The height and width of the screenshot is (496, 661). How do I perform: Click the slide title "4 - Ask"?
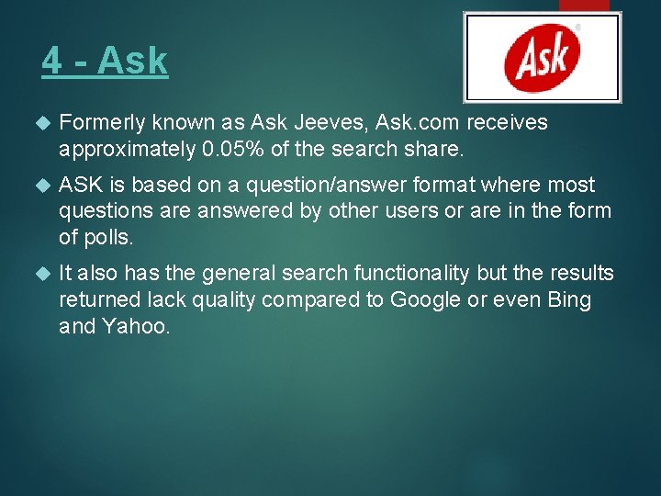pyautogui.click(x=105, y=62)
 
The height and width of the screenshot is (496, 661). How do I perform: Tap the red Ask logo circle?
pyautogui.click(x=543, y=57)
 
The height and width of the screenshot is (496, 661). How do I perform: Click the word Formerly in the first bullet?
pyautogui.click(x=100, y=123)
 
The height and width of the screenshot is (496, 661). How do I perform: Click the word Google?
pyautogui.click(x=423, y=299)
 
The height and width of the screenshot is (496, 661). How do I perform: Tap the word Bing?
pyautogui.click(x=569, y=299)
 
